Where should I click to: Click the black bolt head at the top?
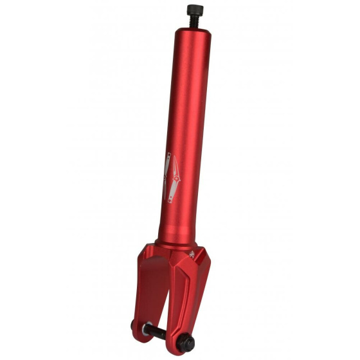pyautogui.click(x=195, y=10)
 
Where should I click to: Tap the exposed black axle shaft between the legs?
pyautogui.click(x=161, y=332)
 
